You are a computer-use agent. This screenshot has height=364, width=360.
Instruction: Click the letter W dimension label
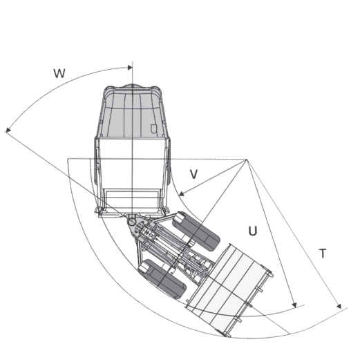coord(59,73)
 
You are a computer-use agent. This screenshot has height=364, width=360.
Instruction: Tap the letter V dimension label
coord(193,174)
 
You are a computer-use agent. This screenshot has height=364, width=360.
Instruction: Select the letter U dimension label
coord(253,231)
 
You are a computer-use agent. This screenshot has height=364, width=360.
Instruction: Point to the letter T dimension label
coord(323,253)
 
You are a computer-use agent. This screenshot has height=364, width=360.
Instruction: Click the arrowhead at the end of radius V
coord(182,193)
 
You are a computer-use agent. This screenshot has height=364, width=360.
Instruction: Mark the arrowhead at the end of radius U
coord(294,305)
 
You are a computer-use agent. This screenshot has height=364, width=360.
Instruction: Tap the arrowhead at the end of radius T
coord(339,306)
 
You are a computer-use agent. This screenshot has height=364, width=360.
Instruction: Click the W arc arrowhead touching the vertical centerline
coord(130,68)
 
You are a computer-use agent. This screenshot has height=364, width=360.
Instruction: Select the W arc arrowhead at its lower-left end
coord(8,130)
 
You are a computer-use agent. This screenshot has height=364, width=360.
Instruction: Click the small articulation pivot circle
coord(132,222)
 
